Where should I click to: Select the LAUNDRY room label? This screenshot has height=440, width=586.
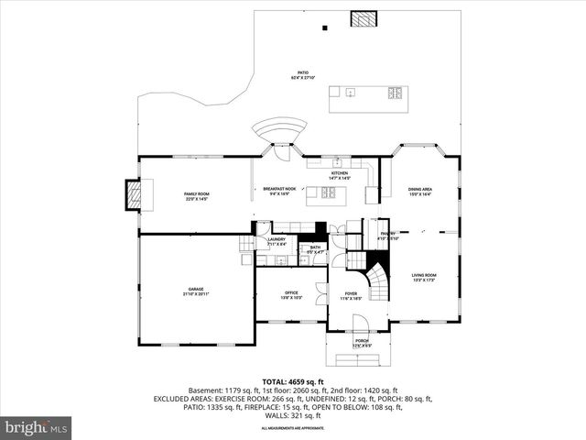277,241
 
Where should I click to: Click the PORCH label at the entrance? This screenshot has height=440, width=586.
363,343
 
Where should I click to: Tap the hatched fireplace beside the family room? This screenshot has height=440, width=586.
134,194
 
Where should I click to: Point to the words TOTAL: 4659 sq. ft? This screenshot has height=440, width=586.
292,380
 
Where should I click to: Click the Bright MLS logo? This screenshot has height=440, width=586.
37,427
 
